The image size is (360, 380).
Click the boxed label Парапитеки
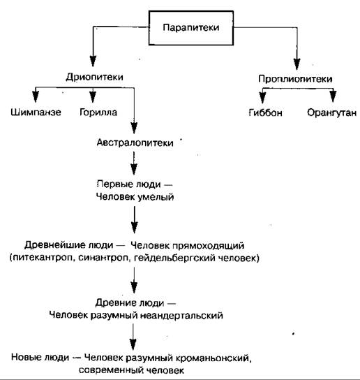[191, 28]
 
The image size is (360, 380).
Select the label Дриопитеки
[94, 77]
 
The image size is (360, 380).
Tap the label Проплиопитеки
[295, 79]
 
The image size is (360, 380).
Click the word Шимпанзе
[36, 112]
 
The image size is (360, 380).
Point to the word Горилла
[98, 112]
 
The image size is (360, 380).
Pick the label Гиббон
[265, 112]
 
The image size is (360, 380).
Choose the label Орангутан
[331, 112]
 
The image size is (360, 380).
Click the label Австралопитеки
[135, 142]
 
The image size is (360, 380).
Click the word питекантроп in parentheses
[43, 258]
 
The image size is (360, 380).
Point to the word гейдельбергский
[175, 258]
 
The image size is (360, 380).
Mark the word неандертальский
[181, 316]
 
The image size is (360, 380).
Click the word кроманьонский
[212, 358]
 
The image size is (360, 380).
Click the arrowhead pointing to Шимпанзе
[36, 96]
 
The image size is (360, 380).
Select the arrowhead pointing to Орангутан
[333, 96]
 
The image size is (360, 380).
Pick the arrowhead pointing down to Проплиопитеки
[297, 64]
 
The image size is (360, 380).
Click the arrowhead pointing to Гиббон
[262, 98]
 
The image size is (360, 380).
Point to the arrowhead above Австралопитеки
[134, 128]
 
